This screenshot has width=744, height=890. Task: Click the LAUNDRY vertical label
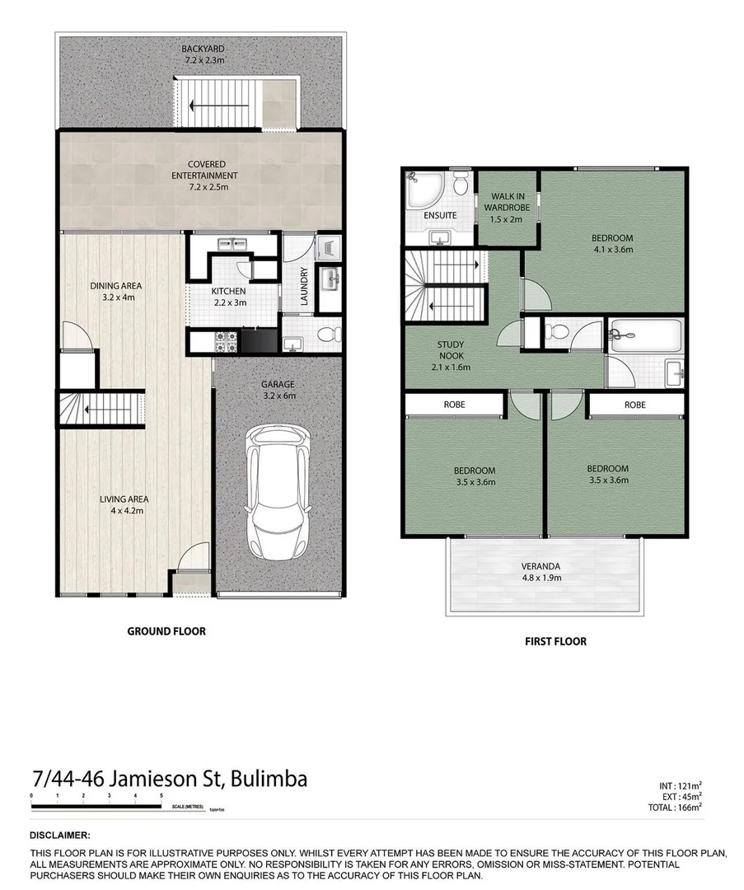coord(304,286)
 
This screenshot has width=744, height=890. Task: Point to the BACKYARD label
coord(203,49)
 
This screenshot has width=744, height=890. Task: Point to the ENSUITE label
coord(441,216)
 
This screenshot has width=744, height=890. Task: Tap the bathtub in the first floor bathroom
coord(645,336)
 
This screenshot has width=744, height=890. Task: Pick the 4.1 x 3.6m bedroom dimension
coord(612,250)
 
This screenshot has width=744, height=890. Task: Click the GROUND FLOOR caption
coord(166,631)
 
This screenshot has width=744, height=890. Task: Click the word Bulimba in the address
coord(269,779)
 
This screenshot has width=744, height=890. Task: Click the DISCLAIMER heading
coord(60,835)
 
